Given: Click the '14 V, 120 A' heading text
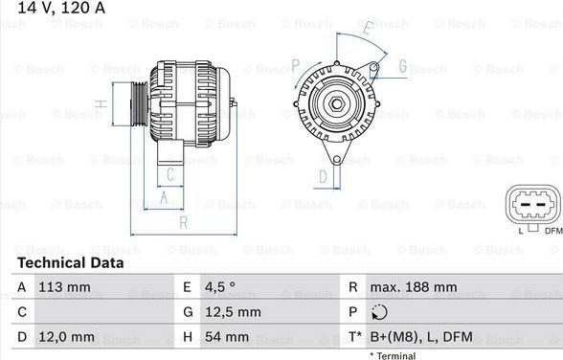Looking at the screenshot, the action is (x=61, y=8).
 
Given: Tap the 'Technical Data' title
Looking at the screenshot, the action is (x=71, y=262).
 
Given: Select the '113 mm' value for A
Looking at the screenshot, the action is (x=65, y=287).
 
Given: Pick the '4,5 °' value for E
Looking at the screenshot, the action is (x=220, y=287).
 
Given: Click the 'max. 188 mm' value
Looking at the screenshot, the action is (x=414, y=287).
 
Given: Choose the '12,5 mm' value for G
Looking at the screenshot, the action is (x=233, y=312).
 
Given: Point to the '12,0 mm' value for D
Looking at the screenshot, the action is (x=67, y=337).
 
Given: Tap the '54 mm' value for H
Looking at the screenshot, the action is (x=227, y=337).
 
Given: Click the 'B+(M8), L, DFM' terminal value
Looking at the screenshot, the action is (x=421, y=337).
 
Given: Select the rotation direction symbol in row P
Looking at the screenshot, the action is (x=379, y=312).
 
